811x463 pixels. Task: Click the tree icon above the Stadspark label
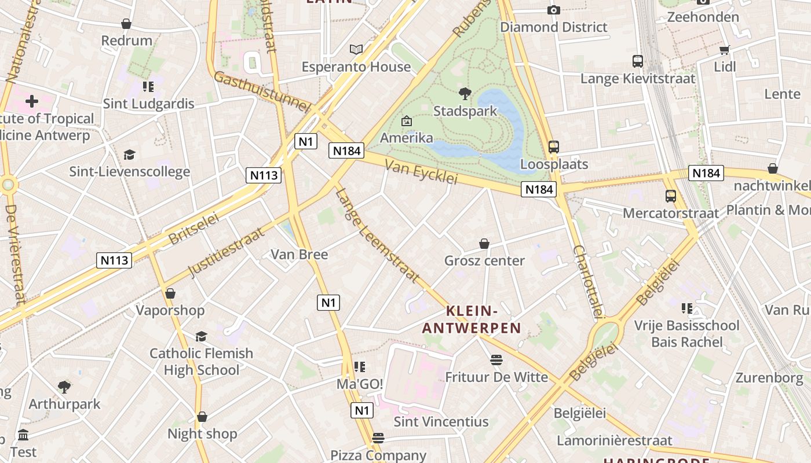[x=465, y=93]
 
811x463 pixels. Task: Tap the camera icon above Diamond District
[x=554, y=10]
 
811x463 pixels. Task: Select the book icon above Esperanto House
[x=356, y=50]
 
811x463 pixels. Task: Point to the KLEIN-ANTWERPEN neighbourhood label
[x=472, y=319]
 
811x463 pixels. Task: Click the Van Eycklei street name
[x=421, y=172]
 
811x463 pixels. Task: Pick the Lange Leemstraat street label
[x=377, y=236]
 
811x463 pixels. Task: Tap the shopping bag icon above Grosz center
[x=484, y=244]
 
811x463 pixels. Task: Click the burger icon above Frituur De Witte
[x=496, y=360]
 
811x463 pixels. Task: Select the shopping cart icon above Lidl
[x=724, y=50]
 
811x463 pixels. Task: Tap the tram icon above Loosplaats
[x=554, y=147]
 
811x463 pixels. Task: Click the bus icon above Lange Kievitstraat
[x=638, y=61]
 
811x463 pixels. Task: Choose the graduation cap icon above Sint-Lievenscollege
[x=129, y=155]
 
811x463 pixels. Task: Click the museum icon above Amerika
[x=407, y=121]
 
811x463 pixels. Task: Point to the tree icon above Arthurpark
[x=64, y=387]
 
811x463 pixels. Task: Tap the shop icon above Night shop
[x=202, y=417]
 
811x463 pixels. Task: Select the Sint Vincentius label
[x=441, y=422]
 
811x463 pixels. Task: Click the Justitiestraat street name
[x=226, y=252]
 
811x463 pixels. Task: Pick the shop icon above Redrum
[x=126, y=24]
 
